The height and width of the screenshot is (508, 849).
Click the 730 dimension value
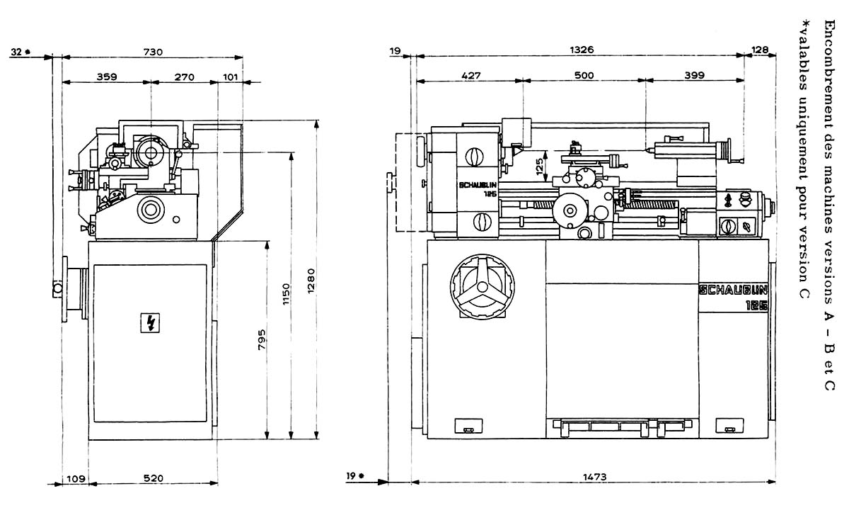coord(153,52)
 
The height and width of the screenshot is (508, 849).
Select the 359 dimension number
coord(107,77)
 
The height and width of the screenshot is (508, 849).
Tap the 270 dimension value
coord(184,77)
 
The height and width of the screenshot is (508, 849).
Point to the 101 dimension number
coord(230,77)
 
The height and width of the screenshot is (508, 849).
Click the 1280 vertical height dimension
coord(311,281)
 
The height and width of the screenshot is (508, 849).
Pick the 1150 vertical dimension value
coord(286,294)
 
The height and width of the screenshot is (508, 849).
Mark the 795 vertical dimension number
coord(262,339)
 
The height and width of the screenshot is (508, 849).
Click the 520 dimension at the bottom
coord(153,478)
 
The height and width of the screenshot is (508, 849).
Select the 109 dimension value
coord(76,478)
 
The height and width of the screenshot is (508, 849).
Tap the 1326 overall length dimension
coord(582,50)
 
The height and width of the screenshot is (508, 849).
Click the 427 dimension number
coord(471,76)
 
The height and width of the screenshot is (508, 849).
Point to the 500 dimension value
coord(584,75)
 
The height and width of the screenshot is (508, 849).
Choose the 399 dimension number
coord(694,75)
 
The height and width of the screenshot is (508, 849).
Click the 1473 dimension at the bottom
coord(595,477)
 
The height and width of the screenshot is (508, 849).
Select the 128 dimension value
coord(760,50)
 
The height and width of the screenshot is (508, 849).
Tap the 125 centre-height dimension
coord(540,166)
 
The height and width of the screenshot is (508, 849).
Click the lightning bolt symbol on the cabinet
coord(150,322)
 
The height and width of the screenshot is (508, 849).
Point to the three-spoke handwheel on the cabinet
coord(483,287)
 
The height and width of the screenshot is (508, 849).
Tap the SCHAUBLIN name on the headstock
coord(478,186)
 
